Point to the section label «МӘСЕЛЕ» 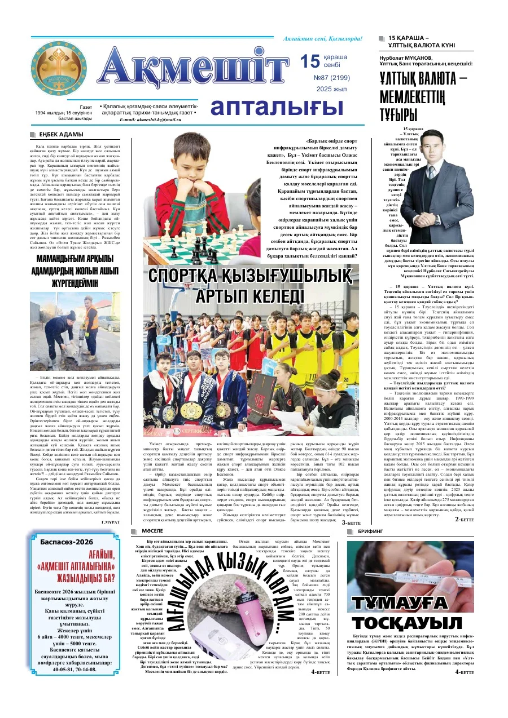[148, 531]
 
